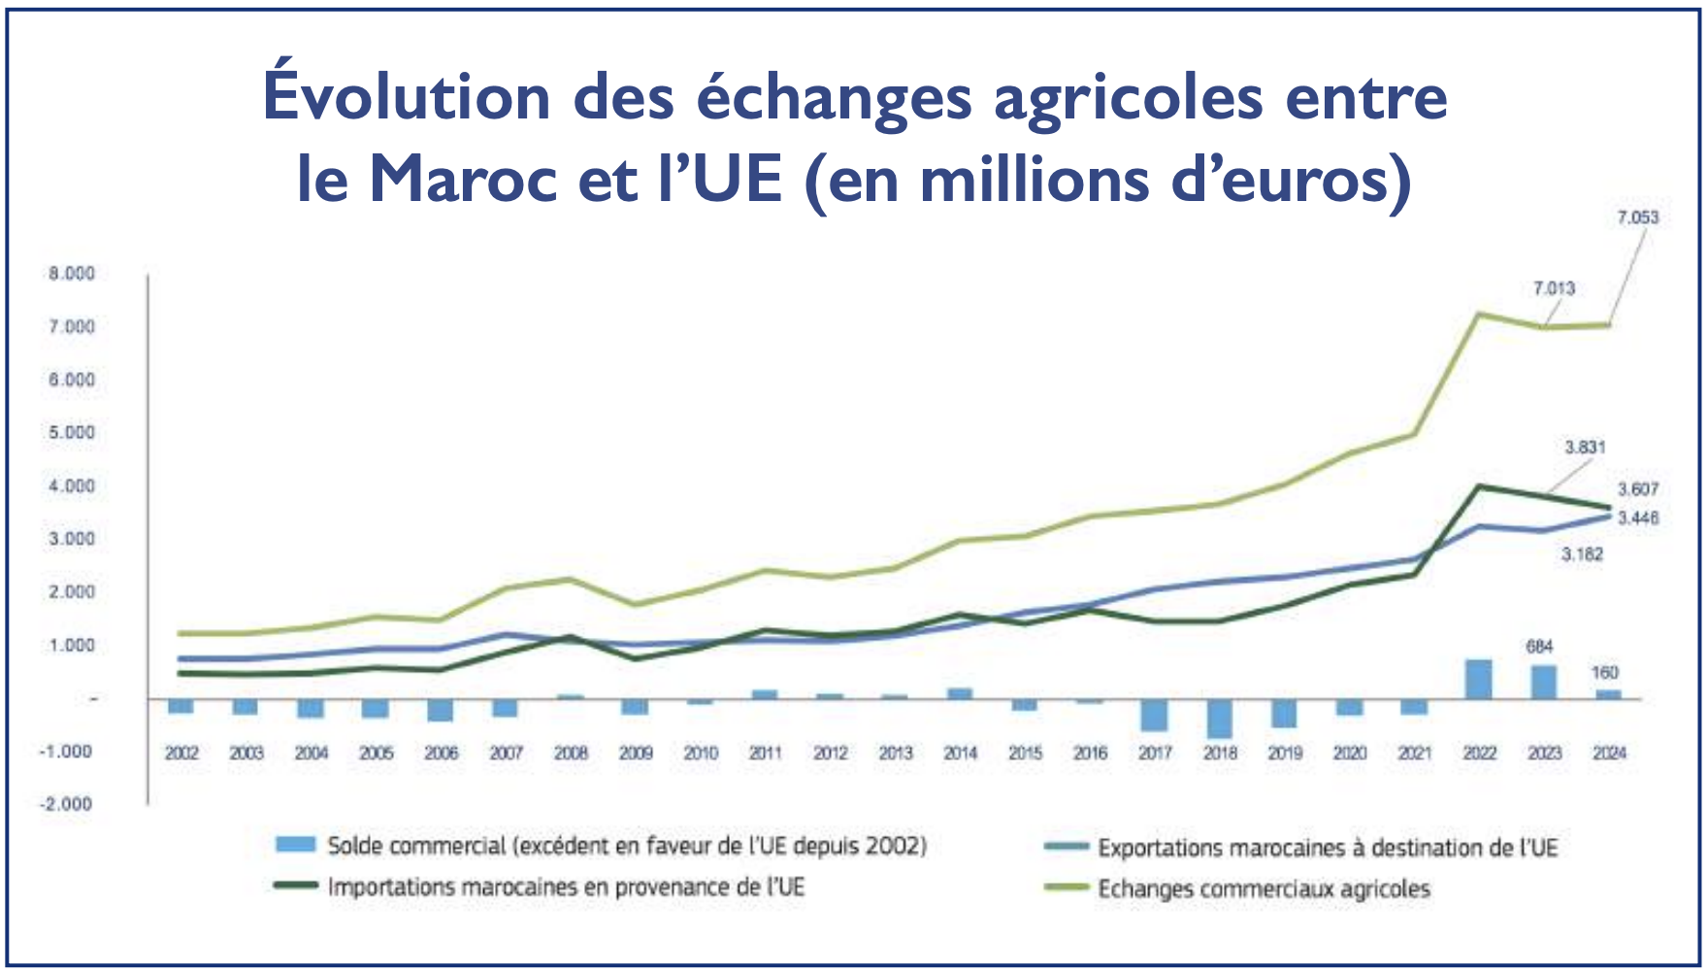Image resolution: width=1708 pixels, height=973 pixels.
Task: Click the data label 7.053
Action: click(1637, 218)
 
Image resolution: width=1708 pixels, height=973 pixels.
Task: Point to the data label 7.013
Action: click(1554, 288)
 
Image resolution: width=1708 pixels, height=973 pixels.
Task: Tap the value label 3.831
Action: click(1585, 448)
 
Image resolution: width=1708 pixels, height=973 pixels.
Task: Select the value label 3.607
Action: click(1637, 489)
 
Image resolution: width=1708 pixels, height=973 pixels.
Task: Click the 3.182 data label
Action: click(1582, 554)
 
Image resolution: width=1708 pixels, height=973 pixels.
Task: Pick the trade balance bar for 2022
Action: click(1479, 679)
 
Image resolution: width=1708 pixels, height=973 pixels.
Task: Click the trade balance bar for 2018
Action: click(1220, 718)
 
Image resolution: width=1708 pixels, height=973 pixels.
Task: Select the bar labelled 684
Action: click(1544, 682)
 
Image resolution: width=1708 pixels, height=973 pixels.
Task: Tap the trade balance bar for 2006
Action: click(441, 710)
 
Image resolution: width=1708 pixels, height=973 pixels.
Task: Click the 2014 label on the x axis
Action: click(960, 753)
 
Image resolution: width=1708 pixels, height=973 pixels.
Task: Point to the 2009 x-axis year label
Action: click(636, 753)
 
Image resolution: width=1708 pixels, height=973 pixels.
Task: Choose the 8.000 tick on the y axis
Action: click(72, 274)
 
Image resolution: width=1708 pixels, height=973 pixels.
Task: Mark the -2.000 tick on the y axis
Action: click(66, 804)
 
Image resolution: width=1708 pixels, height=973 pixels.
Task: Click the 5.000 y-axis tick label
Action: click(72, 432)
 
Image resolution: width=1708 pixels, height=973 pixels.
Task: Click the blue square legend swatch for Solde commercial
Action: click(295, 845)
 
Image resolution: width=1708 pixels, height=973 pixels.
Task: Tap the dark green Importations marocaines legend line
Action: click(295, 886)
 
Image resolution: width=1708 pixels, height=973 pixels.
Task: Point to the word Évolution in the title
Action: click(407, 97)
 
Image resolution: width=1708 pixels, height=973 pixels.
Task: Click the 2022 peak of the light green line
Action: click(1478, 314)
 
